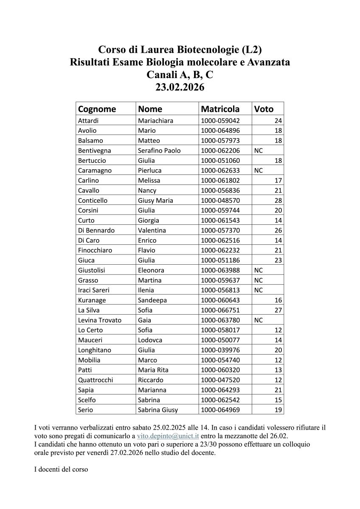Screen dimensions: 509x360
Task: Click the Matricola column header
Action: [220, 109]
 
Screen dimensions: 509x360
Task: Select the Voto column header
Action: [264, 109]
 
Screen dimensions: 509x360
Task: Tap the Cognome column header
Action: [97, 109]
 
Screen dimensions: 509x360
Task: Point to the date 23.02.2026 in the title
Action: [180, 87]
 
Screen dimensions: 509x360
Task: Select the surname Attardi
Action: [88, 120]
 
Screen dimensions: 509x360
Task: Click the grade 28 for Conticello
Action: [278, 200]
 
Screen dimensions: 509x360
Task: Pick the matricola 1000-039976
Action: [220, 350]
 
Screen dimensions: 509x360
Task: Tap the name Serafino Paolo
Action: [159, 150]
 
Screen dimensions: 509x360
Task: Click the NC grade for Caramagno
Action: [258, 171]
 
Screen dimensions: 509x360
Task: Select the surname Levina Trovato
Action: [100, 320]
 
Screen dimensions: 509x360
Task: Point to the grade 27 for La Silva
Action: [278, 310]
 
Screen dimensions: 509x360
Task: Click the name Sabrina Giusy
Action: [158, 410]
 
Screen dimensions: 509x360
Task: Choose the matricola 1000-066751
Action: [220, 310]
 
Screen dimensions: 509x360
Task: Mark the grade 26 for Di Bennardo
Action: [278, 230]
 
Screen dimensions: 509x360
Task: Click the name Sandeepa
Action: [152, 300]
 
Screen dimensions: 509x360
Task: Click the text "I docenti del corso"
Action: [61, 470]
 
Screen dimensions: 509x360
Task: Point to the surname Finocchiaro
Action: [95, 250]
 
